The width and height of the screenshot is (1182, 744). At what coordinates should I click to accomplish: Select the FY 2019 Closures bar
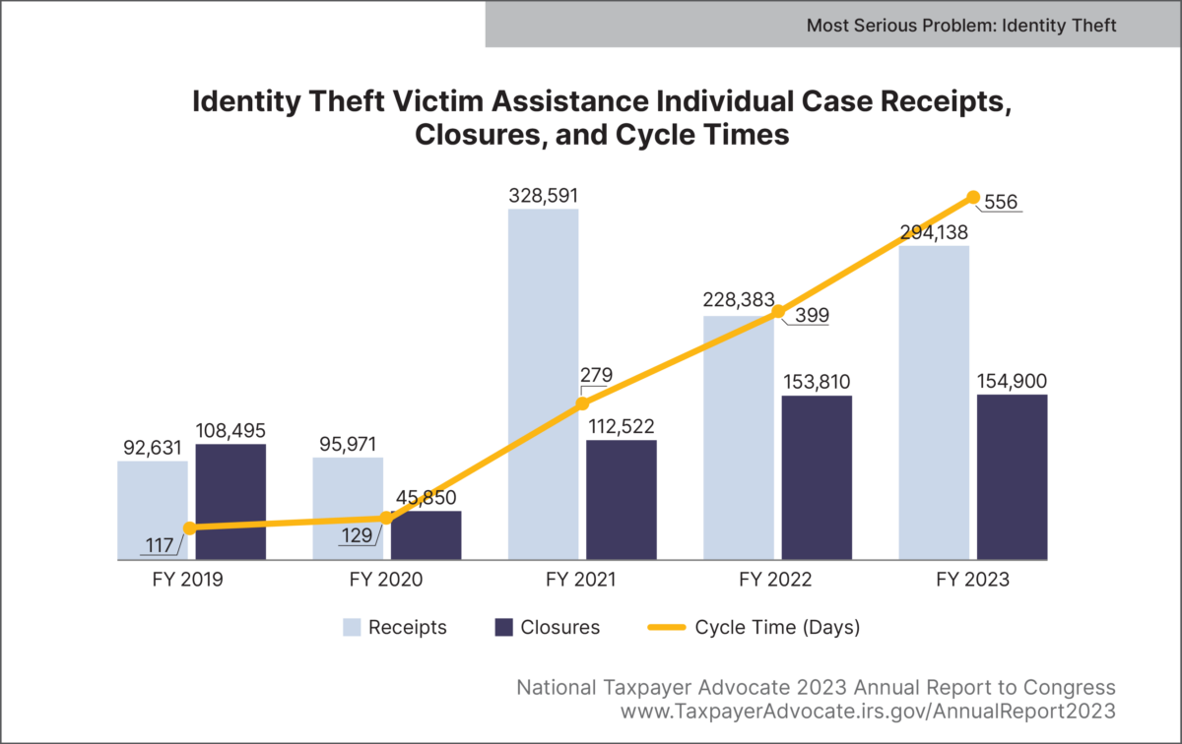pos(230,502)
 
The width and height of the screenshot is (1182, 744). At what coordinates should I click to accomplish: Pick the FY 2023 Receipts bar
pos(934,403)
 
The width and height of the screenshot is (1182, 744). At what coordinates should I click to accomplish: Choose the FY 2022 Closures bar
pos(817,478)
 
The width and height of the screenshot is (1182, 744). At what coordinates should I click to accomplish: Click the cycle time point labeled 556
pos(973,198)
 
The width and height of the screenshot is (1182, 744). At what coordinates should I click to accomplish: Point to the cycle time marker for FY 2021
pos(582,403)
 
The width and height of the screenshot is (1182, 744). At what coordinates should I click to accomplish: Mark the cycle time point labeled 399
pos(778,312)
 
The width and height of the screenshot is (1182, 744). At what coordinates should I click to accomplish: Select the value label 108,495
pos(230,430)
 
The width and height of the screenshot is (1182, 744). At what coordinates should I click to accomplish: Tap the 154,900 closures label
pos(1012,381)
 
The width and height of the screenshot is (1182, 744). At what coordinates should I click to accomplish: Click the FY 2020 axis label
pos(386,580)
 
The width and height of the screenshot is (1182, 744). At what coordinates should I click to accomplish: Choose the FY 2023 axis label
pos(973,580)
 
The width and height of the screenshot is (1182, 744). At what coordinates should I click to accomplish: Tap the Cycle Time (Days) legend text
pos(777,628)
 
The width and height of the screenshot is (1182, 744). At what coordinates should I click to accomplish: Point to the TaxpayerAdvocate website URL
pos(868,709)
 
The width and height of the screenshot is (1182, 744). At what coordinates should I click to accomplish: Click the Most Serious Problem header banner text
pos(961,25)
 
